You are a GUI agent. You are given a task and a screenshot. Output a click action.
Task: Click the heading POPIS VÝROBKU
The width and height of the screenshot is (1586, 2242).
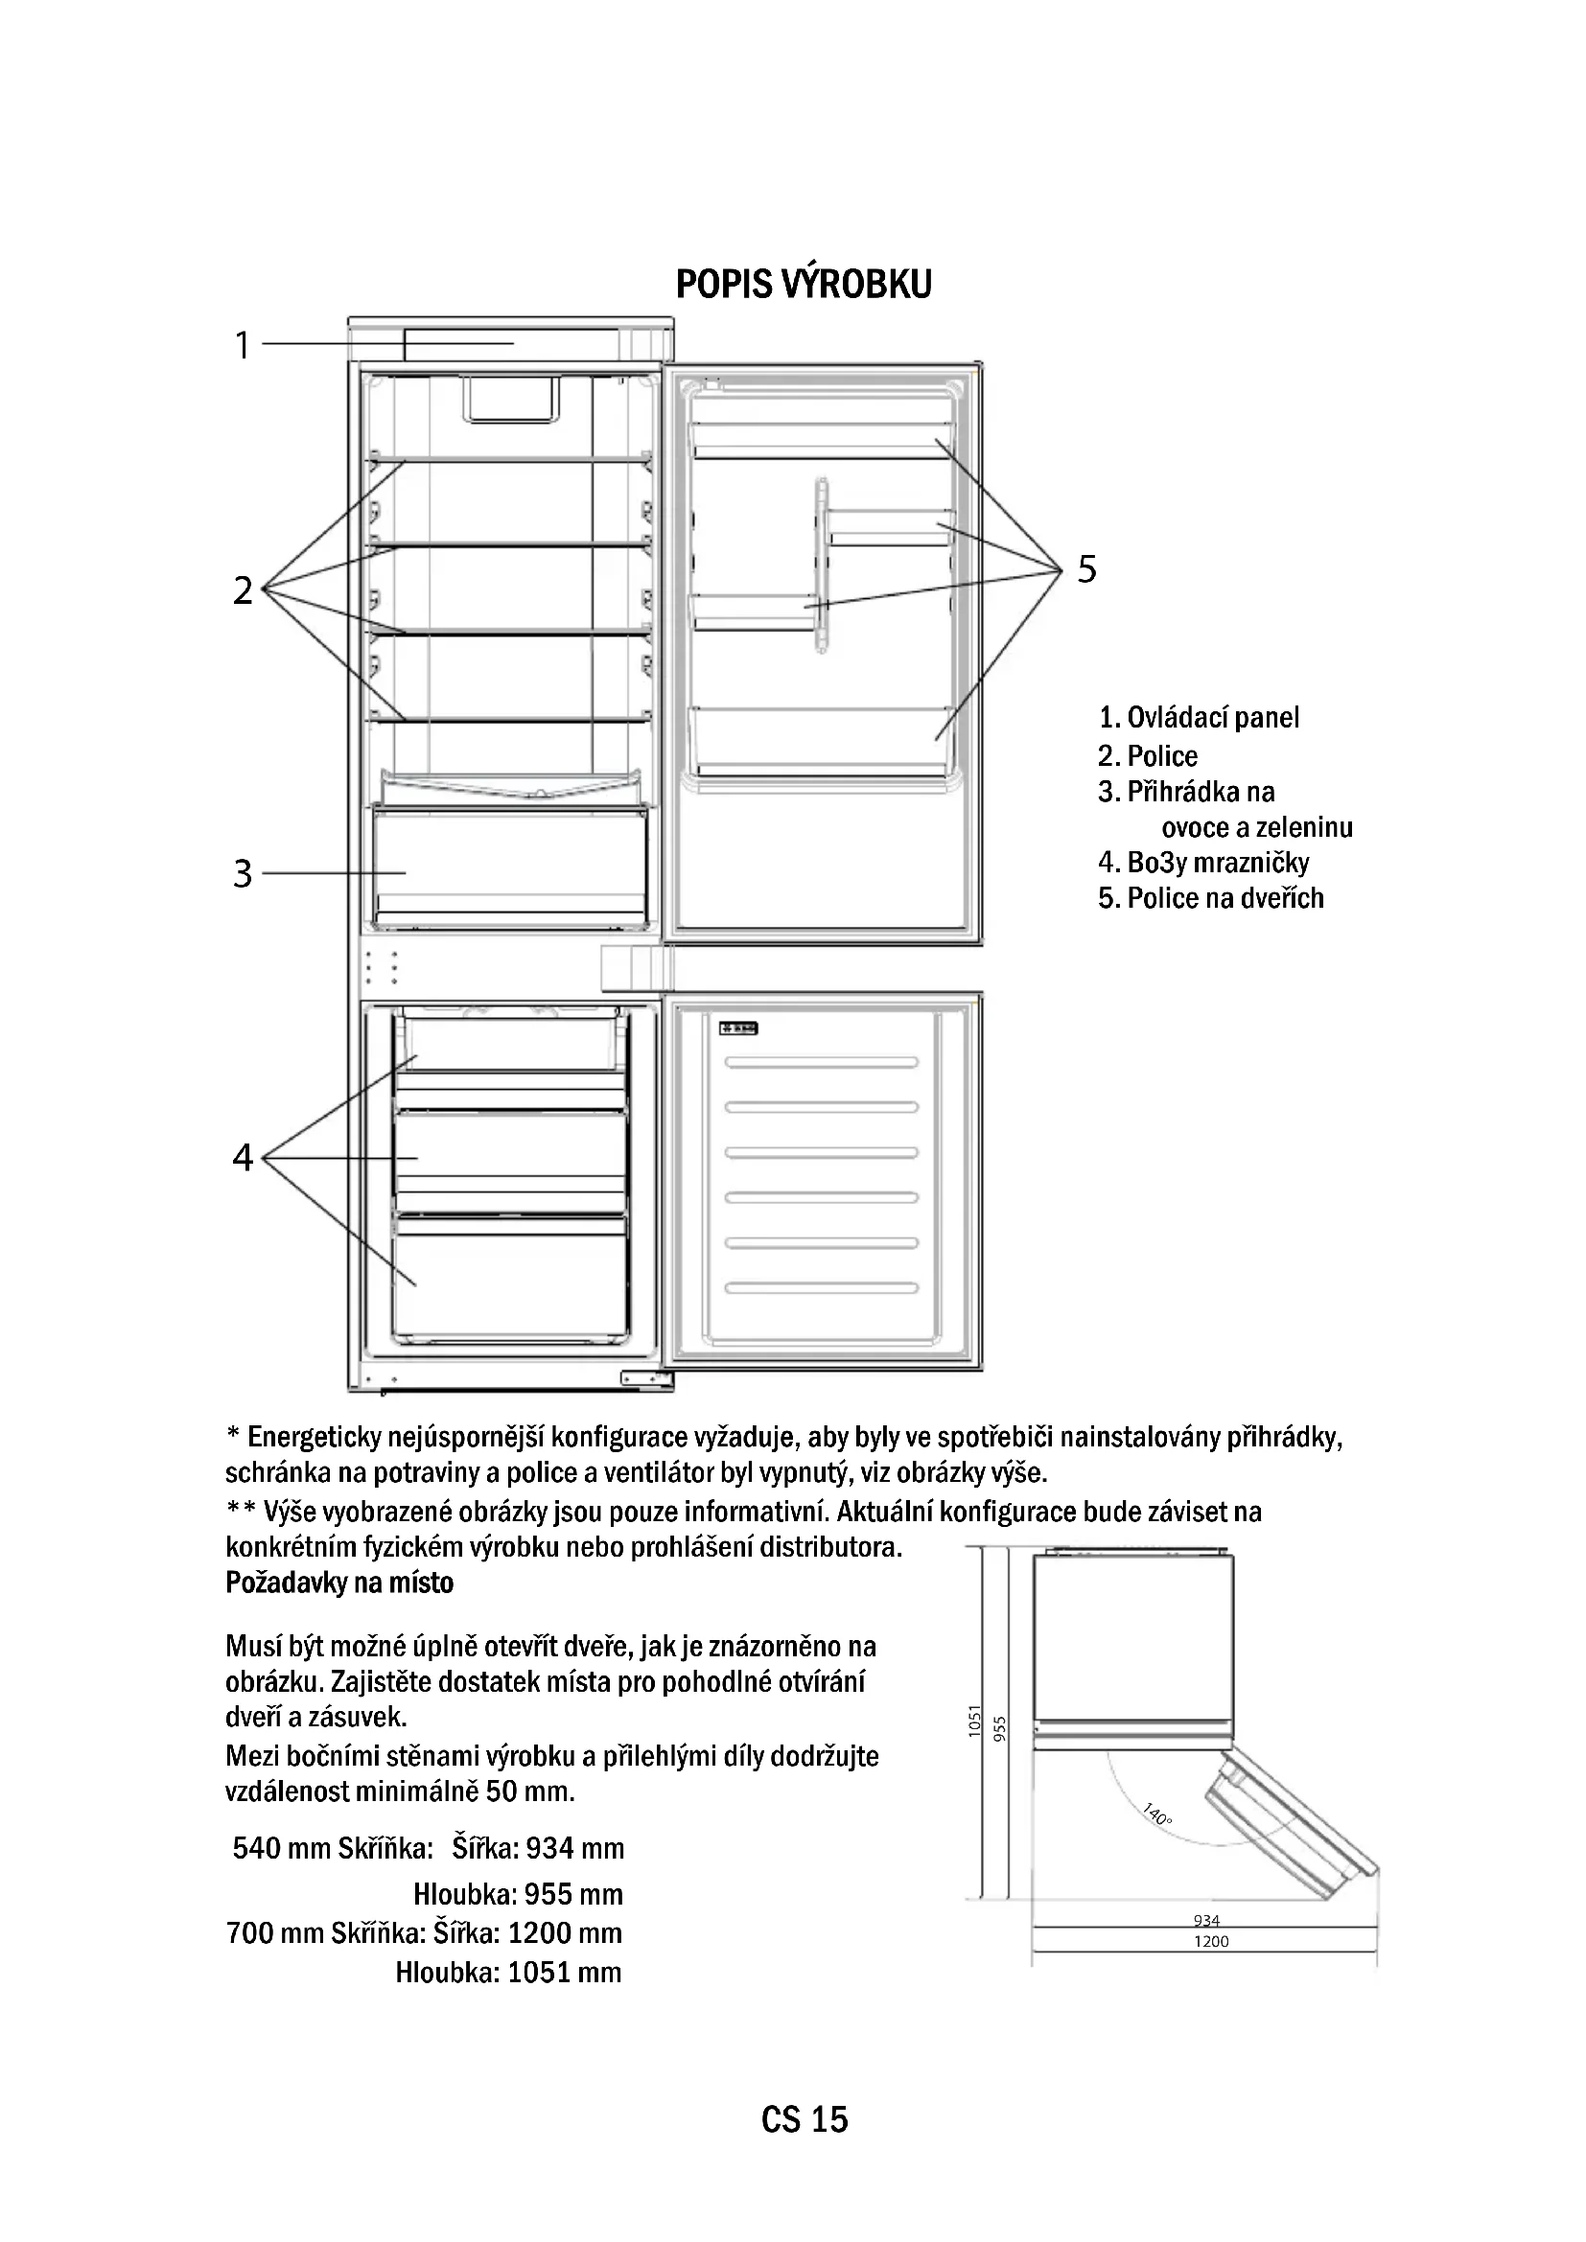click(x=803, y=284)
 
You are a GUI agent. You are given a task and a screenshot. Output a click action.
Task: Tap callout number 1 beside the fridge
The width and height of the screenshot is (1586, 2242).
click(x=243, y=346)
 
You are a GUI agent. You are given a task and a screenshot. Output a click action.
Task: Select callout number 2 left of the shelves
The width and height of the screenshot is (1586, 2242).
click(x=243, y=589)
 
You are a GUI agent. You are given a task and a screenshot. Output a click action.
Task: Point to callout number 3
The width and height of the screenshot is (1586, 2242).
click(x=243, y=873)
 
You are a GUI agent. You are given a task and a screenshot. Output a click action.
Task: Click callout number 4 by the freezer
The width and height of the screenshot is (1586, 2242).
click(x=243, y=1157)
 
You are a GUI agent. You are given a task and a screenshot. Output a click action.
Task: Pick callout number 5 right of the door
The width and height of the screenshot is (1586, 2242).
click(x=1087, y=568)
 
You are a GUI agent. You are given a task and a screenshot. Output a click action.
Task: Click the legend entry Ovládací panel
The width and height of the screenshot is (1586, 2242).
click(x=1200, y=718)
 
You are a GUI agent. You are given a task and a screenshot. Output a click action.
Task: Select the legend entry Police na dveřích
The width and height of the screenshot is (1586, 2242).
click(x=1211, y=898)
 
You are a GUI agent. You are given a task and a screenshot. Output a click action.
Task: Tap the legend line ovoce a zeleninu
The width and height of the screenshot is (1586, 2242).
click(x=1256, y=828)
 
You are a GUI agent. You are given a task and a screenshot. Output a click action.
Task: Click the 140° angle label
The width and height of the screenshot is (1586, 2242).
click(x=1156, y=1815)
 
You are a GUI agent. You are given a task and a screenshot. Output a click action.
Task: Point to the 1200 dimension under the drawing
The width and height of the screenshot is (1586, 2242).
click(x=1211, y=1941)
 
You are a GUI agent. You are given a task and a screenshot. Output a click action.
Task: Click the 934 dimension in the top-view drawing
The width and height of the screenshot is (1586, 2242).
click(x=1207, y=1921)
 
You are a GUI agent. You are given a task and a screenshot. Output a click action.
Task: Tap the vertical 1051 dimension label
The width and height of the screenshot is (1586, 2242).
click(x=973, y=1721)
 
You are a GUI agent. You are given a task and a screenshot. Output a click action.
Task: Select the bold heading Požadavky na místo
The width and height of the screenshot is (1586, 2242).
click(x=339, y=1583)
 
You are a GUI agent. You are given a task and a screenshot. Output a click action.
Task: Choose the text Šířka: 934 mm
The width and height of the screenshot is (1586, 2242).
click(x=538, y=1848)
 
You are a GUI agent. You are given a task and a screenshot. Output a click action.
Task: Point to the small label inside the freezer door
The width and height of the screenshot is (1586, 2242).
click(x=739, y=1029)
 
